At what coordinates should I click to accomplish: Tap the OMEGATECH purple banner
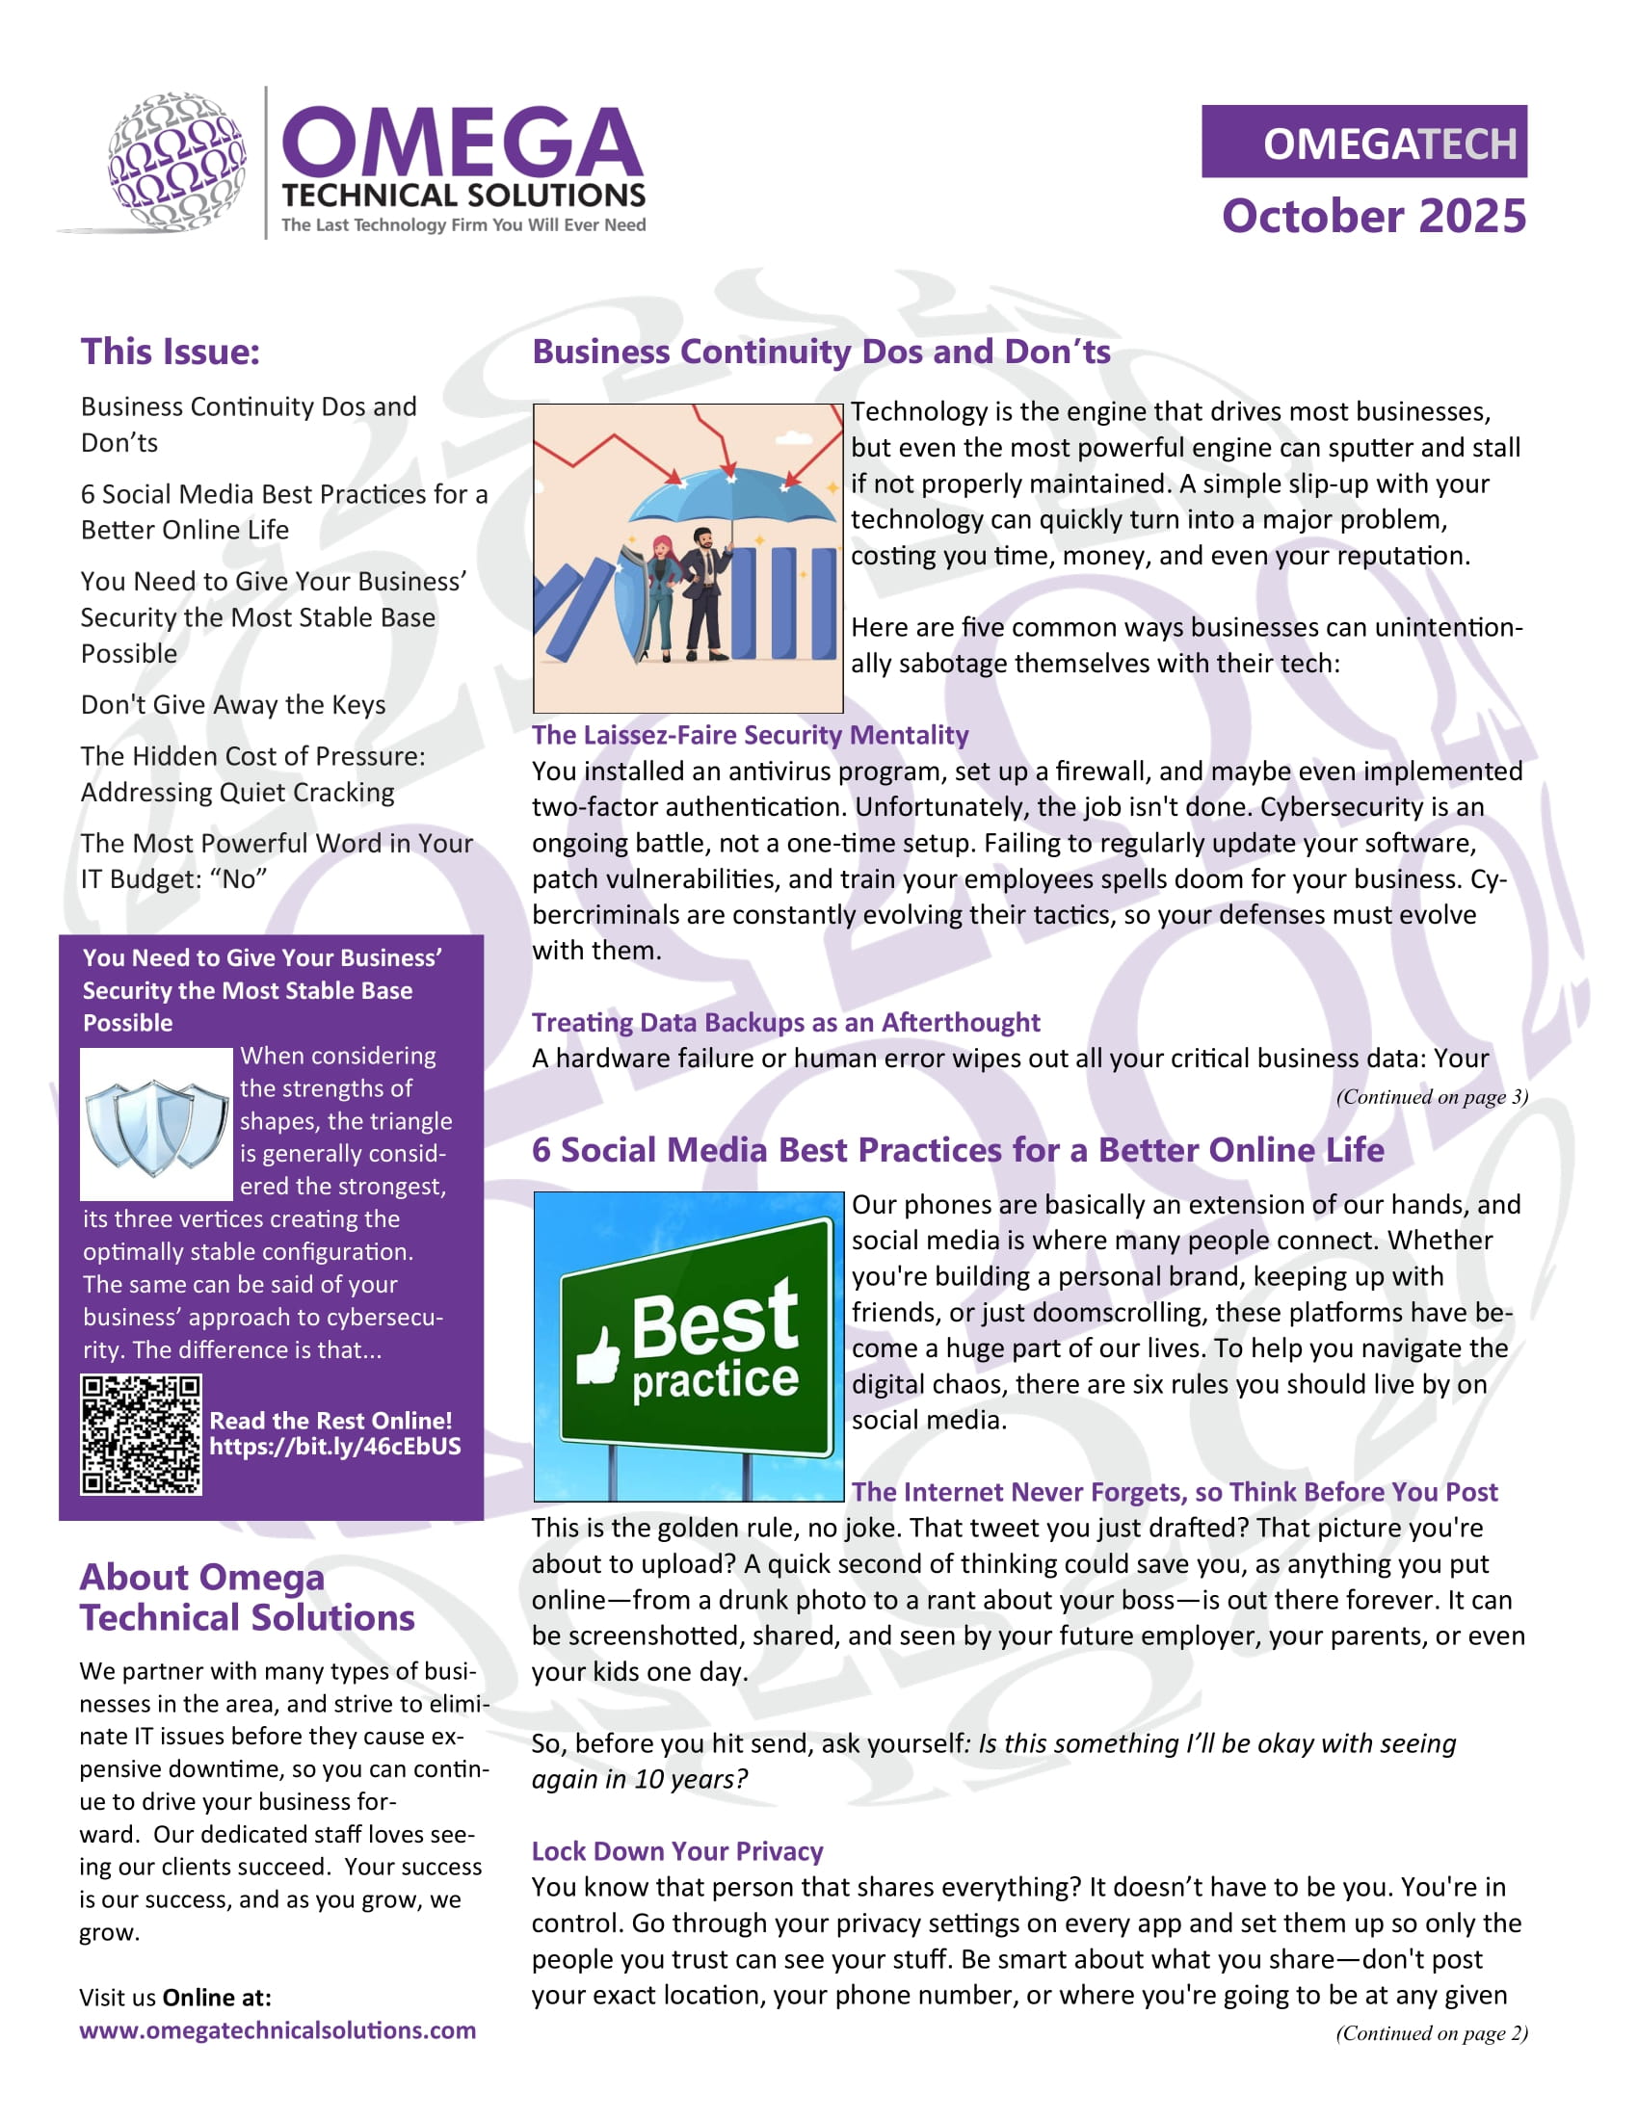tap(1363, 142)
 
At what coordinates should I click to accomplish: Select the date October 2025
tap(1373, 216)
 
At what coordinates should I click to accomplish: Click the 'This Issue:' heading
tap(171, 352)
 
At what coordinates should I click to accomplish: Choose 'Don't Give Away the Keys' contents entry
tap(233, 704)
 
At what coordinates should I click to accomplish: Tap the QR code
tap(142, 1434)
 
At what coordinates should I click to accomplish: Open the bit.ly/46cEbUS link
tap(334, 1447)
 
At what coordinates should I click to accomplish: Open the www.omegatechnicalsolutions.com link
tap(277, 2029)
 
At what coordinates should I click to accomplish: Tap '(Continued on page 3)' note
tap(1431, 1096)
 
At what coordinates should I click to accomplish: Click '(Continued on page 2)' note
tap(1431, 2032)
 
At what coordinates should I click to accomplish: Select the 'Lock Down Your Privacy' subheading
tap(677, 1851)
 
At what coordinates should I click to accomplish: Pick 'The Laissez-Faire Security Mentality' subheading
tap(750, 735)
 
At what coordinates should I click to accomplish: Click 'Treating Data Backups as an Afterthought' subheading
tap(786, 1022)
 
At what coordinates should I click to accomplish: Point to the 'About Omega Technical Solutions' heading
tap(248, 1597)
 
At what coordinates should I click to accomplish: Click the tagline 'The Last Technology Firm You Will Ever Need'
tap(463, 225)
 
